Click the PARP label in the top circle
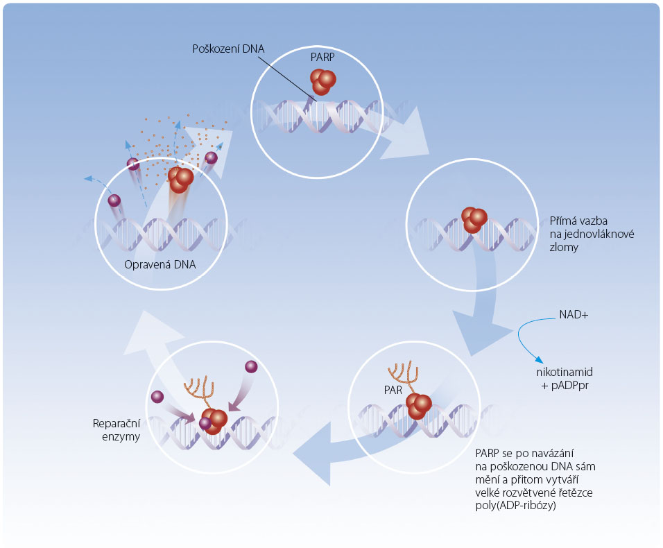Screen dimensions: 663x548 322,57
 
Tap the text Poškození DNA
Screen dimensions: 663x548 228,49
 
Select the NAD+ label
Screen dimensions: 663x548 574,315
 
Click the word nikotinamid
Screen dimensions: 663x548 565,372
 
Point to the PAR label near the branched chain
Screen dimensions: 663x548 393,390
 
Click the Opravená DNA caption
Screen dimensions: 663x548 160,265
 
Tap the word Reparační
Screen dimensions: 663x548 117,424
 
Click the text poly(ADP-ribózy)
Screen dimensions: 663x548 515,505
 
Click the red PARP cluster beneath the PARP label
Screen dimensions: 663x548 322,81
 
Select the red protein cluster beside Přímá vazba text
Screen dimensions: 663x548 474,219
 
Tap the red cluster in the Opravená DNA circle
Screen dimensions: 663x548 180,179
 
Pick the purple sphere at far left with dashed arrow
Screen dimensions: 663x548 114,200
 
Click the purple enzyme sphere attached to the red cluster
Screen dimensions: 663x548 205,423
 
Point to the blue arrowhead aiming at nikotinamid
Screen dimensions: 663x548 539,360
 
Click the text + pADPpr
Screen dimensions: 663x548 565,386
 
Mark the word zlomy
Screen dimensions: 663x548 564,248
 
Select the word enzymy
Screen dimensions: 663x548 121,437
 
